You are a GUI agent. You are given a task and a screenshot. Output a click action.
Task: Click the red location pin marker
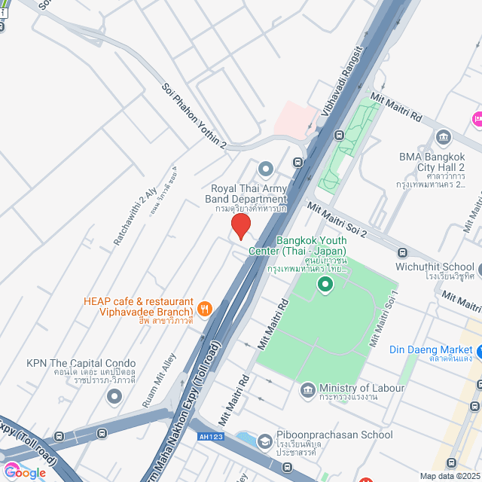pos(240,226)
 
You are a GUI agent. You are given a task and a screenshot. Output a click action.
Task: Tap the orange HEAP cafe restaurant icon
pos(203,308)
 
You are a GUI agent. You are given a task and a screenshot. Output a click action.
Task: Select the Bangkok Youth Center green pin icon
pos(325,284)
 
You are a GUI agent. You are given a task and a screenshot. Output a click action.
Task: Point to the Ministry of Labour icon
pos(307,389)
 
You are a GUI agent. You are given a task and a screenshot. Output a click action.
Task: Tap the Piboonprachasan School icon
pos(264,441)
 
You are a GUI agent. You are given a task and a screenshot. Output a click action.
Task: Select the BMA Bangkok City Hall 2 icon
pos(443,136)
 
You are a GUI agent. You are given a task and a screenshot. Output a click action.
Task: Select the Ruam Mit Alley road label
pos(159,380)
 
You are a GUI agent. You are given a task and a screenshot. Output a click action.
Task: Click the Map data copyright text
pos(450,476)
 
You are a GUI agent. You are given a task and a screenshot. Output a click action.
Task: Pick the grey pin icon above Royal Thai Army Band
pos(265,168)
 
